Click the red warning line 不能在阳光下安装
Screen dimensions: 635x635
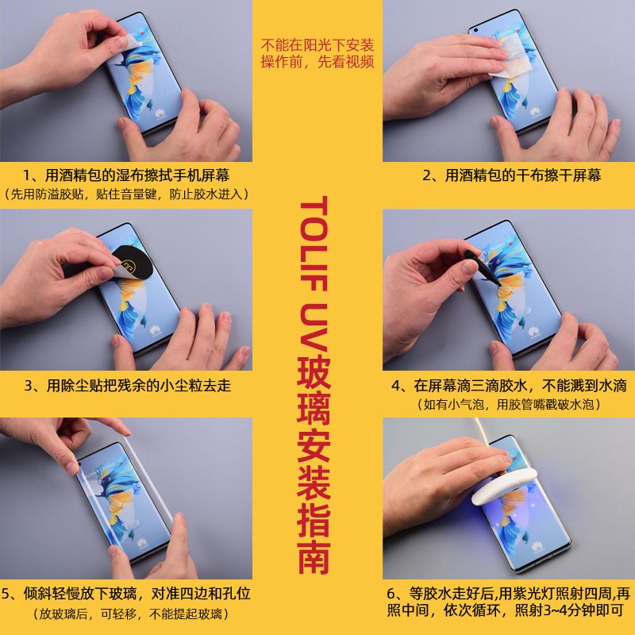[x=317, y=45]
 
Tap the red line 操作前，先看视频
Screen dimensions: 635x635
[x=317, y=62]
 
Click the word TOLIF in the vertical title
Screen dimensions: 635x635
[x=314, y=244]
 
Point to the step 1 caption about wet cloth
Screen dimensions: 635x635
[x=126, y=175]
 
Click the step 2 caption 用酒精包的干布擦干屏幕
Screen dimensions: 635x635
[x=511, y=175]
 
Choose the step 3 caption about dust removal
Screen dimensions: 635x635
[x=128, y=385]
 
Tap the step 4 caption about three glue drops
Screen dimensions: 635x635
[x=509, y=385]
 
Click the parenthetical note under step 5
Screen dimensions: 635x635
[x=130, y=614]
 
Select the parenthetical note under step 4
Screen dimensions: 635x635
[x=509, y=404]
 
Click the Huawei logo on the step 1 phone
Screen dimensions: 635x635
[x=160, y=114]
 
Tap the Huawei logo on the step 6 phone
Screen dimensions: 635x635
[x=538, y=547]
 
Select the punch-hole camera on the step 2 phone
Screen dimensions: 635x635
[x=475, y=30]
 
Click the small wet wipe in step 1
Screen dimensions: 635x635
[x=129, y=42]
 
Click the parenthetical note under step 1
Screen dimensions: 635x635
[x=125, y=194]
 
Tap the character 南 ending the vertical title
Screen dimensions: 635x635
[x=314, y=557]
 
